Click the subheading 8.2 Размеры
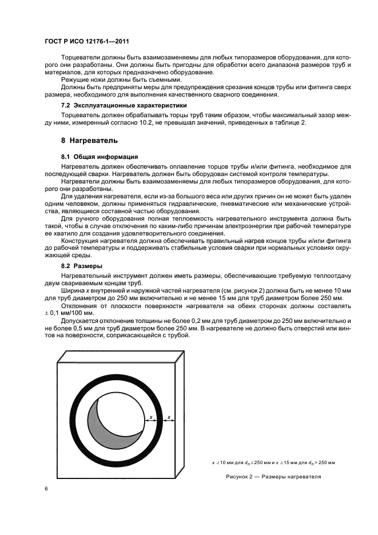pos(82,266)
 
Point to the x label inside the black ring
pos(150,417)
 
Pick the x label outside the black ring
pos(169,417)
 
